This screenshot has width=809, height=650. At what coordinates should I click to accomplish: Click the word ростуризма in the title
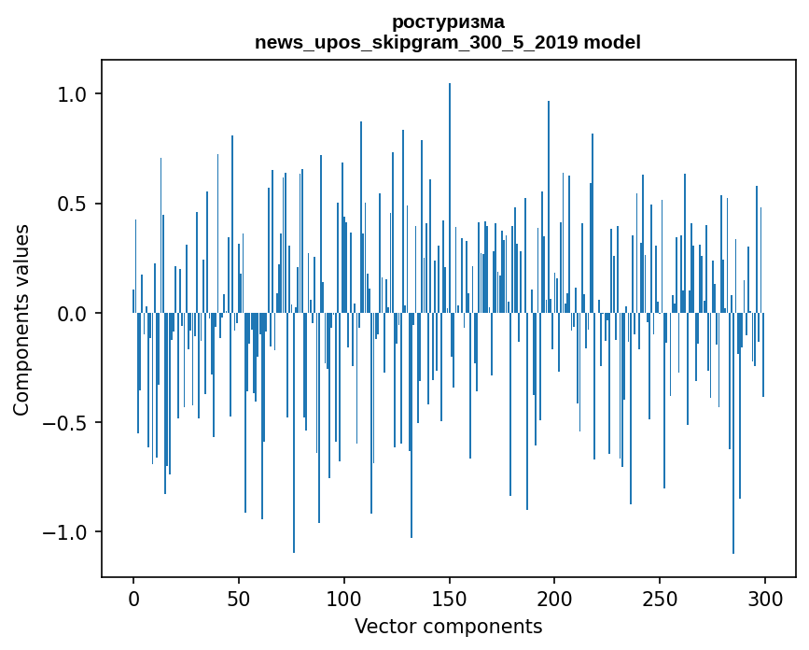click(448, 21)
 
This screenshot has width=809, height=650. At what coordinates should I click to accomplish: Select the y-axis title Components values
click(21, 319)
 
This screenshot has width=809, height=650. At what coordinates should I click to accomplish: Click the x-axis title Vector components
click(448, 626)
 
